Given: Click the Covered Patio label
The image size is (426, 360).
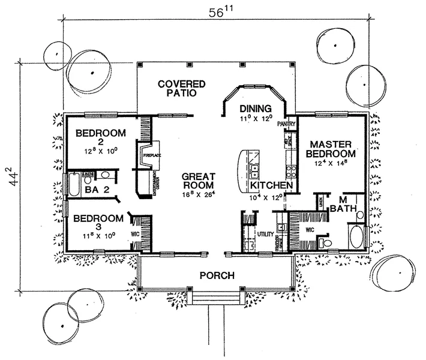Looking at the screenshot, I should [x=182, y=88].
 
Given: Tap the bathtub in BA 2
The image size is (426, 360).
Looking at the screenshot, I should [x=73, y=185].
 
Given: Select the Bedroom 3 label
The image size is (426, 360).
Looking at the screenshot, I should [x=97, y=224].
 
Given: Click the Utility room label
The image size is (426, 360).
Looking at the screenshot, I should [x=265, y=233].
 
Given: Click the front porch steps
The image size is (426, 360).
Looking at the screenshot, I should [x=213, y=298].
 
